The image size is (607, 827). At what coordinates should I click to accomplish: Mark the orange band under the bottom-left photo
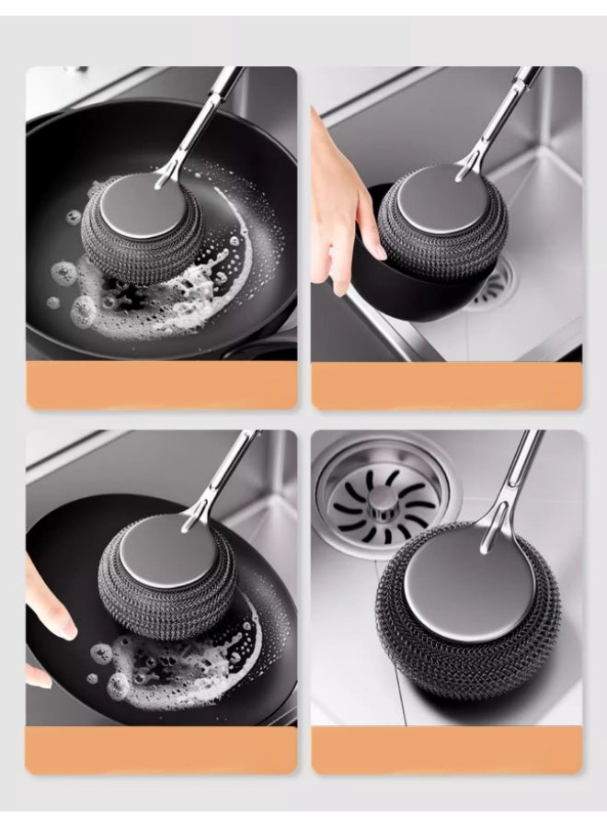click(162, 749)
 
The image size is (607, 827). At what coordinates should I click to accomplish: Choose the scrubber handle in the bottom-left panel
click(216, 478)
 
